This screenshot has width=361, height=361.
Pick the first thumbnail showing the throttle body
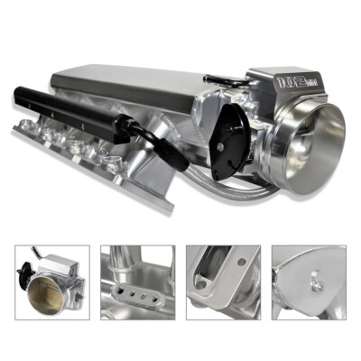click(x=52, y=282)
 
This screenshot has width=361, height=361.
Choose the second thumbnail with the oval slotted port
click(x=136, y=282)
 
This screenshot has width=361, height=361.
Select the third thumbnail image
click(x=221, y=282)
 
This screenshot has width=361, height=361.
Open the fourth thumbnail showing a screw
click(x=306, y=282)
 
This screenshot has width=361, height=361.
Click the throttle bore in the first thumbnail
click(x=47, y=294)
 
